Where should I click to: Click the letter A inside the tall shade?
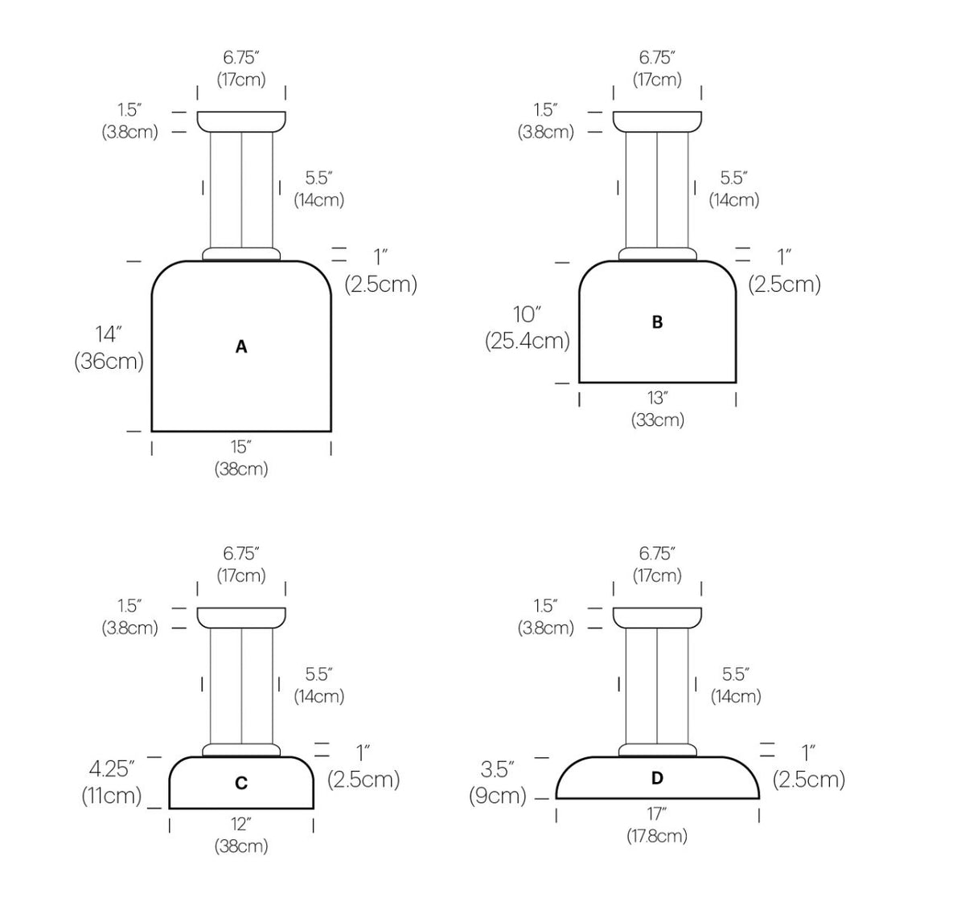[241, 346]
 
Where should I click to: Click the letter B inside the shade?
[657, 321]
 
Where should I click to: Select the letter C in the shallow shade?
[241, 783]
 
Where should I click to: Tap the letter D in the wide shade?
[657, 778]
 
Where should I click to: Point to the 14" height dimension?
[108, 334]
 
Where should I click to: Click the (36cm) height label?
[109, 361]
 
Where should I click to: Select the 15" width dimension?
[241, 446]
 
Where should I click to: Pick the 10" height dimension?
[527, 314]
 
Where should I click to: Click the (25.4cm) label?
[528, 341]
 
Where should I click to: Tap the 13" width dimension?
[658, 398]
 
